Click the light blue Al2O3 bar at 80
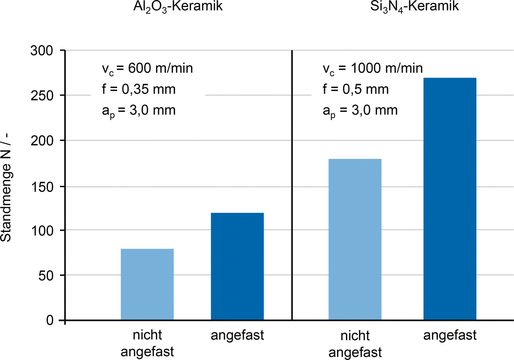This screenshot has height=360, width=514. tap(147, 285)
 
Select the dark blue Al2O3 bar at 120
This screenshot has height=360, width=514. tap(237, 266)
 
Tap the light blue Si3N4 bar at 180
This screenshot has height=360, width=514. tap(355, 240)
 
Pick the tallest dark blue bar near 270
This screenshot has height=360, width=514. tap(450, 199)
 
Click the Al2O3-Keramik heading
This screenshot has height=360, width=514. tap(178, 6)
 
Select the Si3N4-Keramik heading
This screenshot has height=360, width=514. tap(414, 6)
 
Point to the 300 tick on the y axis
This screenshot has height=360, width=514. tap(42, 51)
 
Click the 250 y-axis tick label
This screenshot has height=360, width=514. tap(42, 96)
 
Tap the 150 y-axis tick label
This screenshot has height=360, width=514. tap(42, 187)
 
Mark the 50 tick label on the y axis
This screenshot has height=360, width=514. tap(46, 276)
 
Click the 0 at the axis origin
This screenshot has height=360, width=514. tap(50, 320)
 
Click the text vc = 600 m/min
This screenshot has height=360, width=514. tap(147, 68)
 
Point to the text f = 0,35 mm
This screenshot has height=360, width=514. tap(138, 89)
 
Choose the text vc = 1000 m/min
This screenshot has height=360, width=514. tap(372, 68)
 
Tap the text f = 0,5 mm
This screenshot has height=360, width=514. tap(355, 89)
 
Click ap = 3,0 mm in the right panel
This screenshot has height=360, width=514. tap(360, 110)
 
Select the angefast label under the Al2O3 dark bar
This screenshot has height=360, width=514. tap(237, 335)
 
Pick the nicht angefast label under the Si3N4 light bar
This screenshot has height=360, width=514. tap(355, 344)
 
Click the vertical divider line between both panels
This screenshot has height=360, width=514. tap(292, 186)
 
